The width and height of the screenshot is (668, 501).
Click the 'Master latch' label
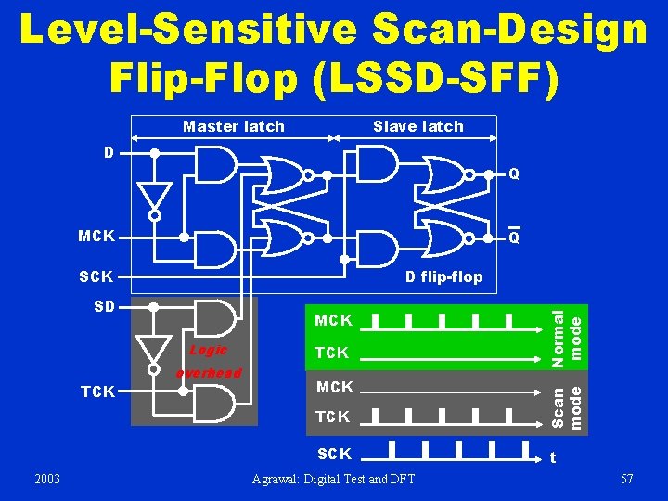[233, 126]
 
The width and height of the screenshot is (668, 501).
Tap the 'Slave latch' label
[417, 126]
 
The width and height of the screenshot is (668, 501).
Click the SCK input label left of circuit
[96, 276]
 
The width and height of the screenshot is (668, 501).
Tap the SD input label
[102, 306]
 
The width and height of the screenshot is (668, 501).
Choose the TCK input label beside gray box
[98, 392]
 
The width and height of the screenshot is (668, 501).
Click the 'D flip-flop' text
[443, 276]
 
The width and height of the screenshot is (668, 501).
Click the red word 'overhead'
[209, 372]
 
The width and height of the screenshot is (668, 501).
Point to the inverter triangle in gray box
[155, 350]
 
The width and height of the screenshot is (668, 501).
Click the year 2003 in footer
[46, 479]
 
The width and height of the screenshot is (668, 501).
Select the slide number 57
[627, 479]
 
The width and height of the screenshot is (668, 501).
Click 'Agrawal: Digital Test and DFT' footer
[334, 479]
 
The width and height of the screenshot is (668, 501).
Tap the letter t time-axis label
[553, 456]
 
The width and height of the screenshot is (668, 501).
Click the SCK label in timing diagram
[334, 454]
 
